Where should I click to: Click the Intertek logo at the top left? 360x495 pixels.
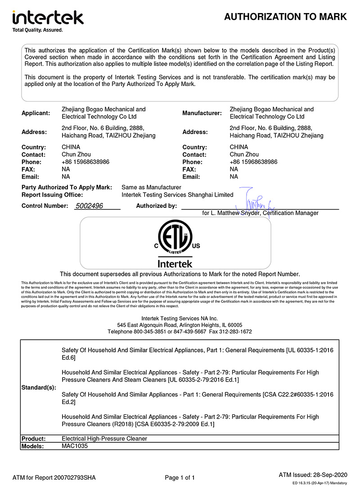[48, 18]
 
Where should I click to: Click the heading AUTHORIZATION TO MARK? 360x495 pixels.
[285, 17]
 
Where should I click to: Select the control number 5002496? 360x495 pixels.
[89, 206]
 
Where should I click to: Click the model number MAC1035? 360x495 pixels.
[75, 446]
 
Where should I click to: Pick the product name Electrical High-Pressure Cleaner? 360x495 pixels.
[104, 438]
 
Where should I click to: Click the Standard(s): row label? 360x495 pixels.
[39, 387]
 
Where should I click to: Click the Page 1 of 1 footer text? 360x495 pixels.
[180, 477]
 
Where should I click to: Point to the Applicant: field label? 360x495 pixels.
[36, 113]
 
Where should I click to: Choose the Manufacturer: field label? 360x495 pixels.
[202, 113]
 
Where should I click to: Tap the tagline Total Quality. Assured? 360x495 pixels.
[37, 30]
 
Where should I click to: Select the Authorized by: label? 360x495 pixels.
[157, 206]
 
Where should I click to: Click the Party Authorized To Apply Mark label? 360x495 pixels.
[67, 187]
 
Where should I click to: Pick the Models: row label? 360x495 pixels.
[33, 446]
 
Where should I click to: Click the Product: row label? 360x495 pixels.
[34, 438]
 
